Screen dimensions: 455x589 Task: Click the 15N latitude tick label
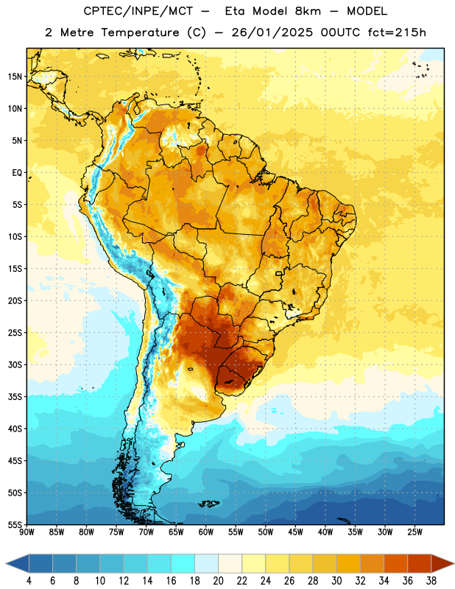15,77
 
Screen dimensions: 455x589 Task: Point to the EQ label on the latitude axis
17,173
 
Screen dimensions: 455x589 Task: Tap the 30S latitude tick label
15,364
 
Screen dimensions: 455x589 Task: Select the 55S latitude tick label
15,525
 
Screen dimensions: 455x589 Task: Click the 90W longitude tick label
27,532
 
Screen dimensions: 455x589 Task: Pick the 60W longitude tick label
206,532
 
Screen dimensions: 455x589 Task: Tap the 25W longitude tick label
415,532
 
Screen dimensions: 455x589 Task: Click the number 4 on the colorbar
29,581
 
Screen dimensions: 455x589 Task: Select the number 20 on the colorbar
218,581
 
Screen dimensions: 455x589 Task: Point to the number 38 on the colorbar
431,581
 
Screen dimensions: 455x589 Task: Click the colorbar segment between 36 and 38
420,563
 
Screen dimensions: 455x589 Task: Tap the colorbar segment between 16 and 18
183,563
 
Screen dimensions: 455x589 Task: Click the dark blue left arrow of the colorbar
17,563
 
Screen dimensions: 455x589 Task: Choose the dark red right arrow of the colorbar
443,563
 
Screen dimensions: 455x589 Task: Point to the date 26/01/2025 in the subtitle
272,32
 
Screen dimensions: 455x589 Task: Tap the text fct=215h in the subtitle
397,32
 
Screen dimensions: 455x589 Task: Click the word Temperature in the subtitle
140,33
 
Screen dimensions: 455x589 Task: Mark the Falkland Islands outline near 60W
209,504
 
